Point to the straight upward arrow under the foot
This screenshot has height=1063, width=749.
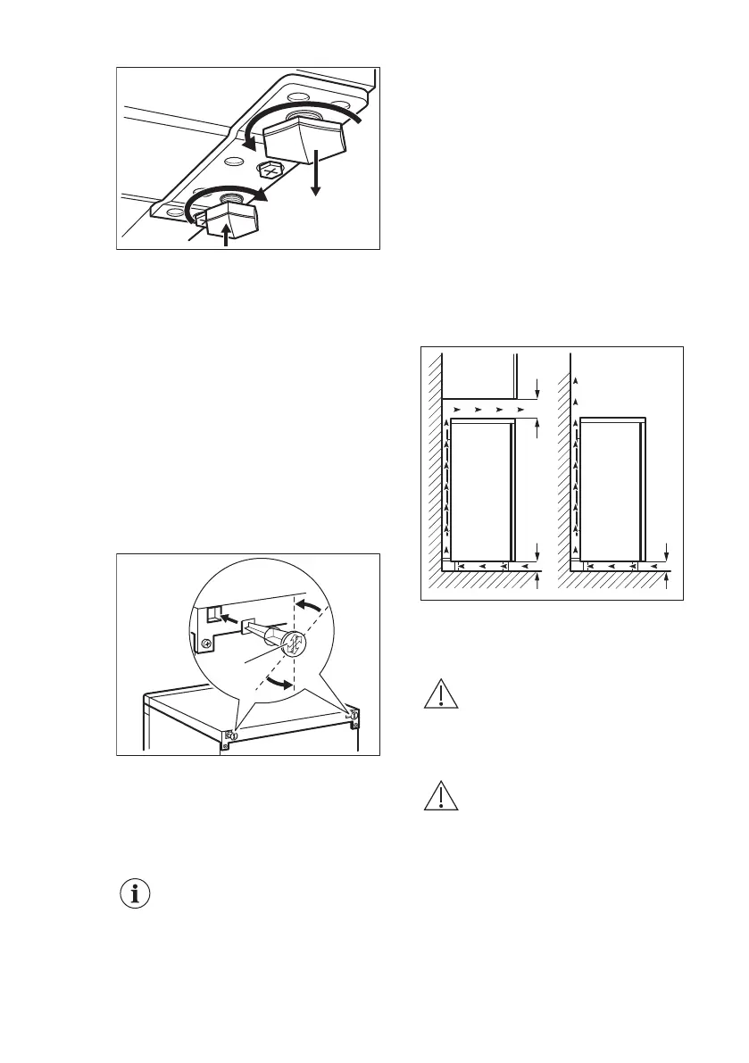point(225,236)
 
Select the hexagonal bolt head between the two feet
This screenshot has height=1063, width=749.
point(267,169)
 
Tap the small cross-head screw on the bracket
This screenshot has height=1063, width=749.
point(205,642)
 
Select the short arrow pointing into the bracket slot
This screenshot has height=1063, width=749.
point(229,616)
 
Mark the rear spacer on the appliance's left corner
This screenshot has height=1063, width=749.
point(231,735)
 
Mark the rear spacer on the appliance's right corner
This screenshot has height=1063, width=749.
point(354,716)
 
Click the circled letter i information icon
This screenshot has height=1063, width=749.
point(136,895)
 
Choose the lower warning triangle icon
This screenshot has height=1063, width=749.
point(441,796)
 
